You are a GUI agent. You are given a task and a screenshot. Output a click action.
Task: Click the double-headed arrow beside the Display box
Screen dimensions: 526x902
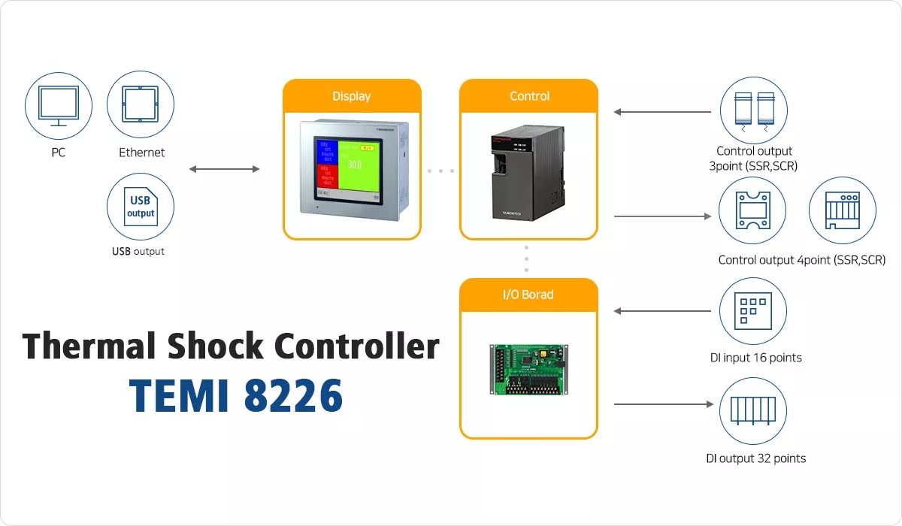coord(224,169)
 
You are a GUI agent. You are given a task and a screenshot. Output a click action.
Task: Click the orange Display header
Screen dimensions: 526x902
coord(352,96)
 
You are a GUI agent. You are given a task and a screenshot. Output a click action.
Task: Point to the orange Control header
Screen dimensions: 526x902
coord(529,96)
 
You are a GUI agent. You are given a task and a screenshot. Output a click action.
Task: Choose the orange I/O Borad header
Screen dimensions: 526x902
coord(528,295)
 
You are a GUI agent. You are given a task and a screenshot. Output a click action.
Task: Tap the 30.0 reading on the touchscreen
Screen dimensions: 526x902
coord(354,165)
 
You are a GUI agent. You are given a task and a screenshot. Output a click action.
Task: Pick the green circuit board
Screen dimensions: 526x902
coord(529,370)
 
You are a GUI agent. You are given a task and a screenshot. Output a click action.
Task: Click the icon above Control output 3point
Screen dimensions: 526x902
coord(754,109)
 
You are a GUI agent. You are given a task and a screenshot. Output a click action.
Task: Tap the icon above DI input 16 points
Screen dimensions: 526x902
coord(754,311)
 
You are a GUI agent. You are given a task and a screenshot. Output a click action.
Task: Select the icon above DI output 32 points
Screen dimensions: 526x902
coord(754,411)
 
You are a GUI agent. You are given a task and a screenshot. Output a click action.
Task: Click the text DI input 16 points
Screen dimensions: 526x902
coord(755,358)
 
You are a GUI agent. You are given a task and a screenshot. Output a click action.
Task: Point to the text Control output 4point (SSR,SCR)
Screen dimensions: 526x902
coord(802,260)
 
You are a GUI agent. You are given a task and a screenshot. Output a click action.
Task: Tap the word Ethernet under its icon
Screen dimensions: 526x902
coord(141,153)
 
